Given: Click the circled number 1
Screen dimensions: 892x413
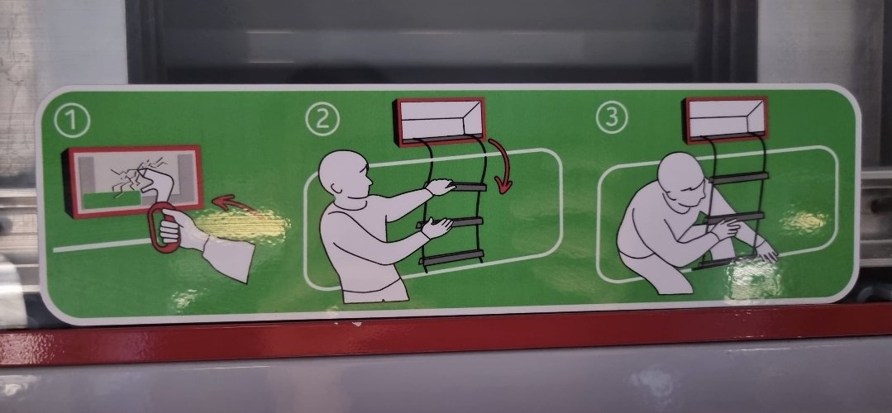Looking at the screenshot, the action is [72, 121].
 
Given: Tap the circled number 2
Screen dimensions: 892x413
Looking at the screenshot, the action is [322, 119].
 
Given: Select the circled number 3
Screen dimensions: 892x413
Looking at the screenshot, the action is [612, 117].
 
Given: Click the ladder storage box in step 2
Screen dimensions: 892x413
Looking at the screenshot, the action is [441, 121].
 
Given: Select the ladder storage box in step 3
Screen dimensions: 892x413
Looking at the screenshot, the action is [726, 119].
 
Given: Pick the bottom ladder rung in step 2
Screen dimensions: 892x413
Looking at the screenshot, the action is [452, 259].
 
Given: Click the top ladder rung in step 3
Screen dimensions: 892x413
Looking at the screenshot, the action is [739, 178].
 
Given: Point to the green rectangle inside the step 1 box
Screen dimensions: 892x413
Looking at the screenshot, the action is [112, 200].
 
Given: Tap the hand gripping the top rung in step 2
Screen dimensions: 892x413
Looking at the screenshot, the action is [441, 187].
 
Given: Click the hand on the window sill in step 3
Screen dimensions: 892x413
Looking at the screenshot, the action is [766, 250].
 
